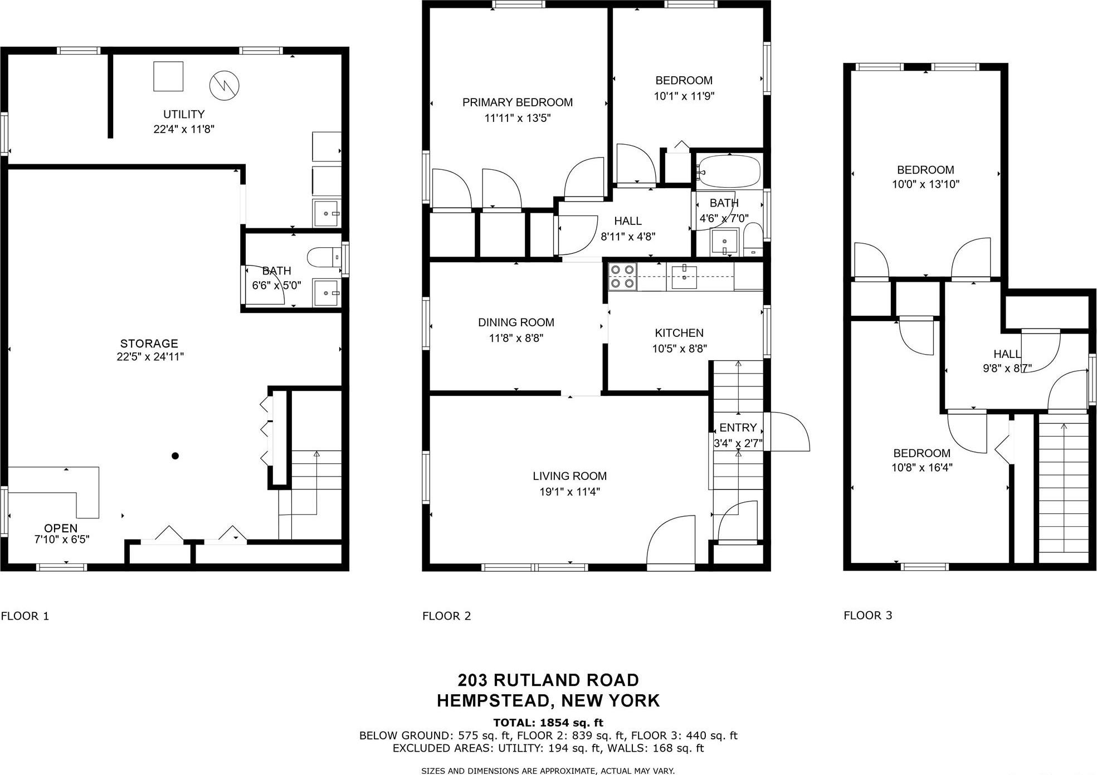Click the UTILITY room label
(183, 114)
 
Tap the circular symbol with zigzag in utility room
(224, 85)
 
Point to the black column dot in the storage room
(175, 456)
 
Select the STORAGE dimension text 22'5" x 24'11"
(150, 357)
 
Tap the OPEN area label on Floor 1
(61, 528)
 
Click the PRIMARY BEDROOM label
(517, 102)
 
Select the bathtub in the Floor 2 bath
(729, 171)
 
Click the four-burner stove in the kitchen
(622, 277)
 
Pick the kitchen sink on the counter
(684, 277)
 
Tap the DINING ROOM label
(516, 322)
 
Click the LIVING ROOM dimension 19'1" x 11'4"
(569, 492)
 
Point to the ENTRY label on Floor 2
(738, 428)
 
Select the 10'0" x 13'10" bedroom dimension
(925, 184)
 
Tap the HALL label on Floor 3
(1007, 354)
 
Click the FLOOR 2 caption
(446, 616)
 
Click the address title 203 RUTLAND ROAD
(548, 680)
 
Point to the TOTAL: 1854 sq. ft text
(548, 723)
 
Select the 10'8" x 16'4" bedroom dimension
(922, 468)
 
